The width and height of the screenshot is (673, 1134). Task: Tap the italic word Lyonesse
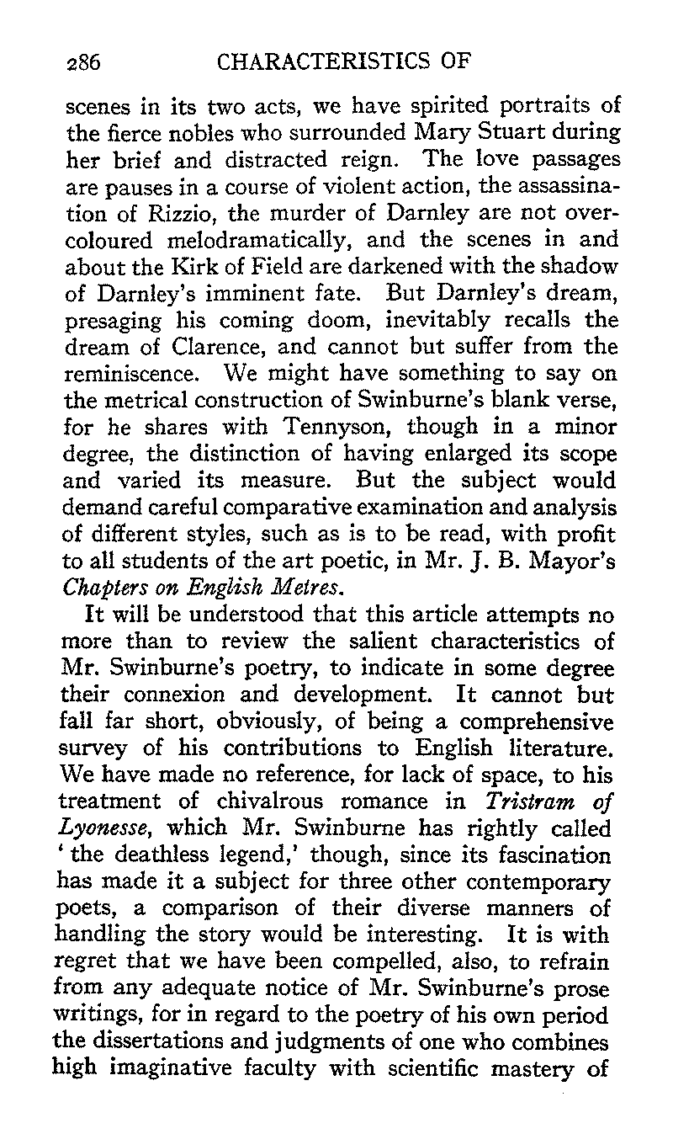click(x=92, y=830)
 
